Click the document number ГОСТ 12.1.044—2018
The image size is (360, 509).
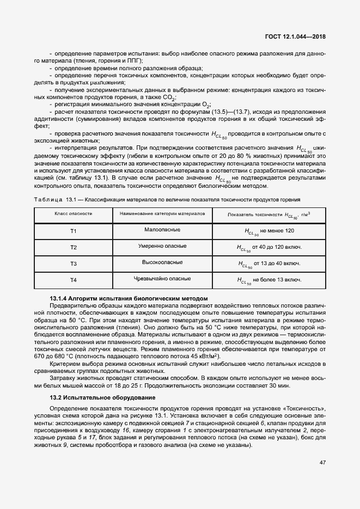tap(300, 38)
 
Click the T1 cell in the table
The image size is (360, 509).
tap(74, 231)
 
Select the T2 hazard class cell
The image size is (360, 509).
tap(74, 248)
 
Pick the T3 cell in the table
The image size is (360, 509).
tap(74, 264)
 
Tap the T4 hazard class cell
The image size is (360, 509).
tap(74, 280)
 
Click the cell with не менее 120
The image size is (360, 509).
tap(269, 232)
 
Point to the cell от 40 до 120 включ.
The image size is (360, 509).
tap(269, 248)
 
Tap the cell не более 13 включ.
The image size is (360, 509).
tap(269, 280)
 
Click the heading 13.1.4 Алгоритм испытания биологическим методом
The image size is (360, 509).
tap(129, 299)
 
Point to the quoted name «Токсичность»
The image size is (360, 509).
tap(305, 408)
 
